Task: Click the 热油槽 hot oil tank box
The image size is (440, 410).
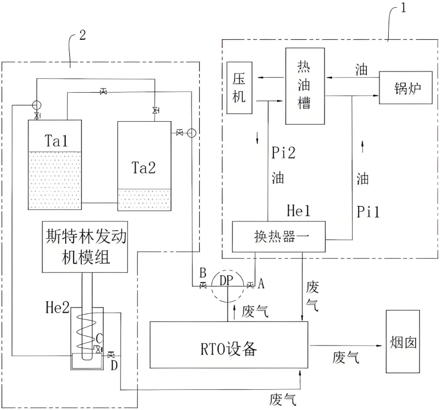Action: [x=305, y=85]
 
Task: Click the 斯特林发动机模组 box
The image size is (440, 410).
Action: [x=84, y=247]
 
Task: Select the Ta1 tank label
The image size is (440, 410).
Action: [x=56, y=140]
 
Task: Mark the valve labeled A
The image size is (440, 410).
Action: [x=251, y=285]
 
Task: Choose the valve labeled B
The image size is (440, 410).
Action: [x=203, y=285]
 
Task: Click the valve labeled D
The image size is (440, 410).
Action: [x=111, y=355]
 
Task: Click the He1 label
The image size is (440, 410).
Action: [x=299, y=211]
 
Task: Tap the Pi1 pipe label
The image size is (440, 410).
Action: [x=368, y=212]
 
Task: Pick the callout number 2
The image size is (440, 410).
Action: [x=82, y=35]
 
